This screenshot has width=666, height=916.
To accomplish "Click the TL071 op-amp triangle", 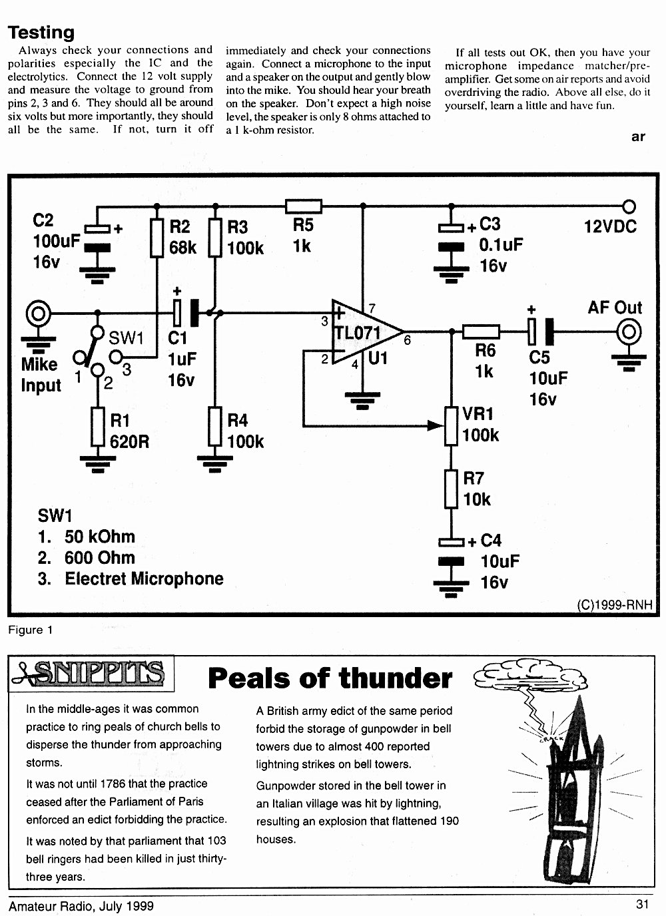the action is tap(364, 332).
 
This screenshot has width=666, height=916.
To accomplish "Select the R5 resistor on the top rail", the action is tap(303, 206).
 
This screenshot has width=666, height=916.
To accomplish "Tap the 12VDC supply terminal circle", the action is tap(629, 206).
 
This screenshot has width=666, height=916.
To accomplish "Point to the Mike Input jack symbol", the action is tap(39, 314).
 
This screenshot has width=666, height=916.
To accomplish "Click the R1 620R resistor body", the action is tap(98, 427).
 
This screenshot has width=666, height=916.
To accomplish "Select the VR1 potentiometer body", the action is tap(451, 425).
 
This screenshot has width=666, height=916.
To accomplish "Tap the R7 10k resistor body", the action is tap(451, 489).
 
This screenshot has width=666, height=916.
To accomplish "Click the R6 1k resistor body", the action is tap(481, 332).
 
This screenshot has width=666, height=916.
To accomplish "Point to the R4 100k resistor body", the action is tap(215, 426).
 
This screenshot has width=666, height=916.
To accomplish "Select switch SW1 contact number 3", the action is tap(116, 357).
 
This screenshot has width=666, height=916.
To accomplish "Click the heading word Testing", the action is tap(41, 33).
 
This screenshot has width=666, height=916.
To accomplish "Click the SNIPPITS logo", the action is tap(89, 673).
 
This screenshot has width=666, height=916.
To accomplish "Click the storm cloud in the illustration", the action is tap(530, 677).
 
